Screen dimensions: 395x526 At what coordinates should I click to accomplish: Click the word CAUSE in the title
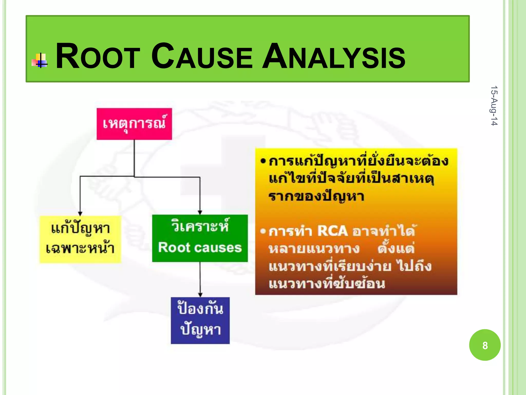click(x=202, y=57)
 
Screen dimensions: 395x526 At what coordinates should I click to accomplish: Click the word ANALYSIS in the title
click(x=333, y=57)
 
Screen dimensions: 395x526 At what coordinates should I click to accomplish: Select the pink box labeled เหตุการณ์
click(x=134, y=124)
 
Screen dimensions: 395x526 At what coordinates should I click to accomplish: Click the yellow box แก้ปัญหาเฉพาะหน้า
click(x=80, y=239)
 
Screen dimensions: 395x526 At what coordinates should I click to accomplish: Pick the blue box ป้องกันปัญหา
click(x=200, y=320)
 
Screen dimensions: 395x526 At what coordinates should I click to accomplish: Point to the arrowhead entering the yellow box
click(x=80, y=213)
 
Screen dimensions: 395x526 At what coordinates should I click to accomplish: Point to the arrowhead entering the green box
click(x=200, y=212)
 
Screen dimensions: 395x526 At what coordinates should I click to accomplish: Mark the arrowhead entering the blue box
click(x=200, y=295)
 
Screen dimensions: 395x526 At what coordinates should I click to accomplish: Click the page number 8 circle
click(x=485, y=345)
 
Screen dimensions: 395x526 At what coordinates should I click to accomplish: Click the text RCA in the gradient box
click(x=332, y=231)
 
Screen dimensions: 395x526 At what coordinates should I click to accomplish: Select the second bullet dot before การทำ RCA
click(x=262, y=231)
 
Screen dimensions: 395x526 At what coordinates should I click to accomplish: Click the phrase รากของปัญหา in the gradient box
click(x=316, y=197)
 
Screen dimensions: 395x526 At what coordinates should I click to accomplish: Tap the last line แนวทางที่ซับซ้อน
click(x=327, y=284)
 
